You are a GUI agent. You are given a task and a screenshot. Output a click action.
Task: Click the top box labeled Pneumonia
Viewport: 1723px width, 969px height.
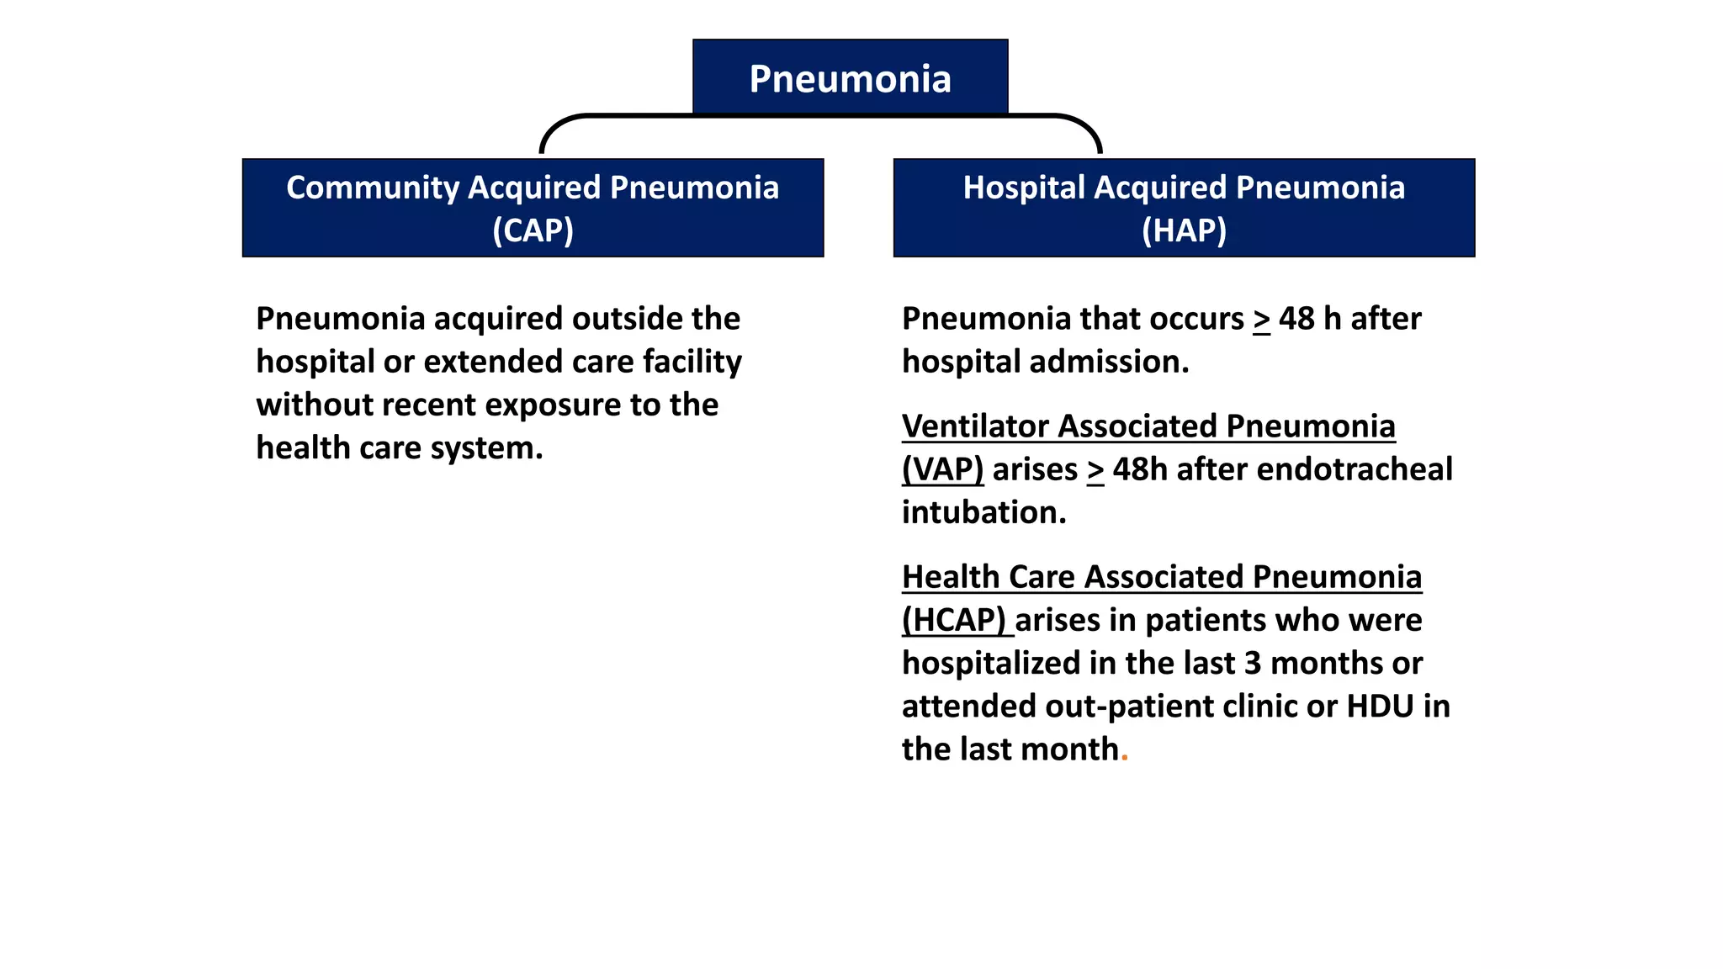click(x=850, y=78)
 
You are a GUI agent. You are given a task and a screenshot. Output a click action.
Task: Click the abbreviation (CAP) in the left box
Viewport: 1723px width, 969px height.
click(x=533, y=230)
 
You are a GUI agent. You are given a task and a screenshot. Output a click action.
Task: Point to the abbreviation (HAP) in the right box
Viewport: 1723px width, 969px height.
click(x=1184, y=230)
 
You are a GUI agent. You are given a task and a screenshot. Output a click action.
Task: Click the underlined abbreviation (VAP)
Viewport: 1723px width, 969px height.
click(x=942, y=469)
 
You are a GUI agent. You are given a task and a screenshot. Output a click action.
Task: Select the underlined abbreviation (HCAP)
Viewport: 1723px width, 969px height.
click(x=954, y=620)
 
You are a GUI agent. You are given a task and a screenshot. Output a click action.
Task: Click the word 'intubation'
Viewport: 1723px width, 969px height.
click(x=983, y=512)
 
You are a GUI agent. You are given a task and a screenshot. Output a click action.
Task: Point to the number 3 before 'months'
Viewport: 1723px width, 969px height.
click(x=1253, y=664)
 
